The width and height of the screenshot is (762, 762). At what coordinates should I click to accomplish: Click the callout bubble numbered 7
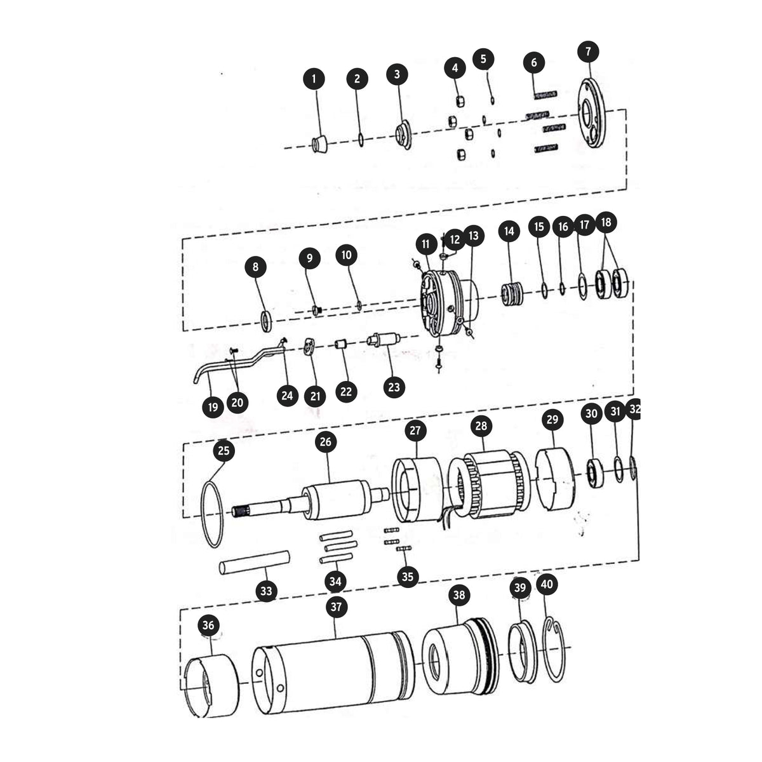[588, 52]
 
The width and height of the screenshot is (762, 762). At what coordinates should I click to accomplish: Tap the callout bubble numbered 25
[224, 450]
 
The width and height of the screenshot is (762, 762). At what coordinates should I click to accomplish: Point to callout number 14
[509, 231]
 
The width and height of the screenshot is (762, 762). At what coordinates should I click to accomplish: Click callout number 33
[267, 591]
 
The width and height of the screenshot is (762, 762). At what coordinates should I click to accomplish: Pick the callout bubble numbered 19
[213, 407]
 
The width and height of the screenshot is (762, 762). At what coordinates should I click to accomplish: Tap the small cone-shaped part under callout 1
[319, 144]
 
